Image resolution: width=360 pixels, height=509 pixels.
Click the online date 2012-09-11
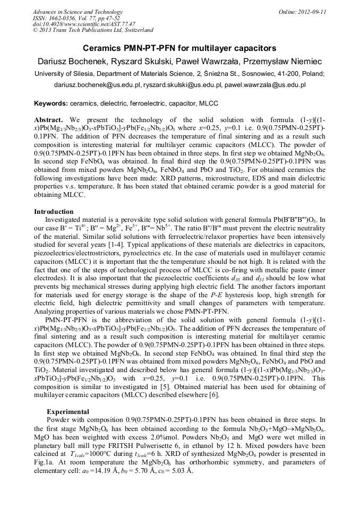click(313, 12)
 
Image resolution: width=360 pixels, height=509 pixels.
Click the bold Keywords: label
click(51, 103)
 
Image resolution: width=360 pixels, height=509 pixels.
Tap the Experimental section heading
click(68, 411)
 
